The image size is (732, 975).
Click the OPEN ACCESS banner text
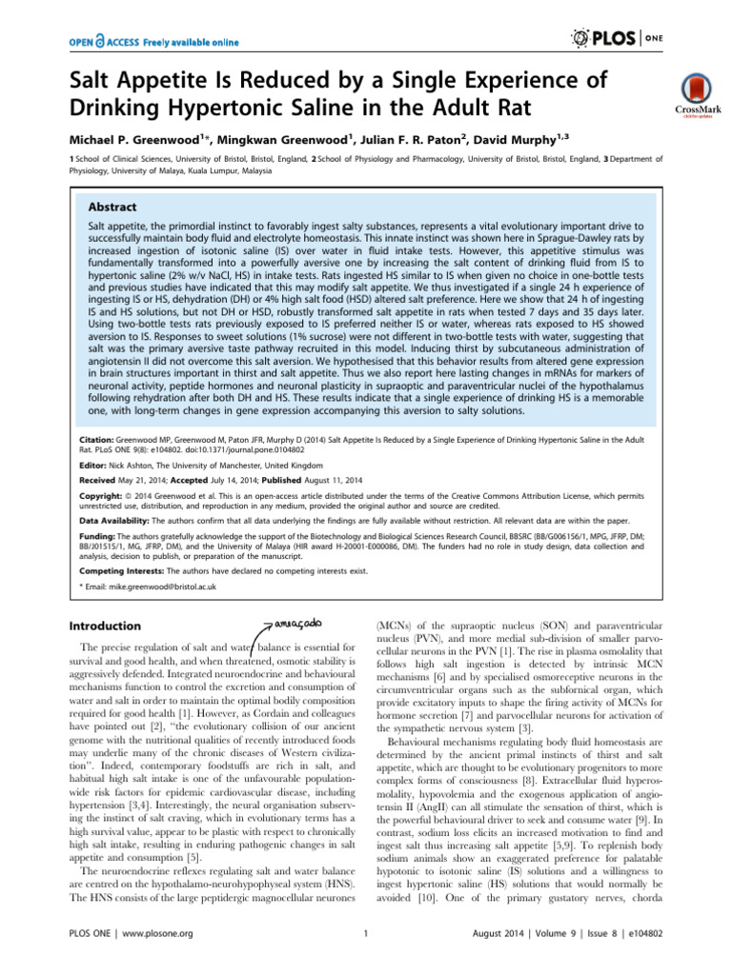(x=152, y=42)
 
